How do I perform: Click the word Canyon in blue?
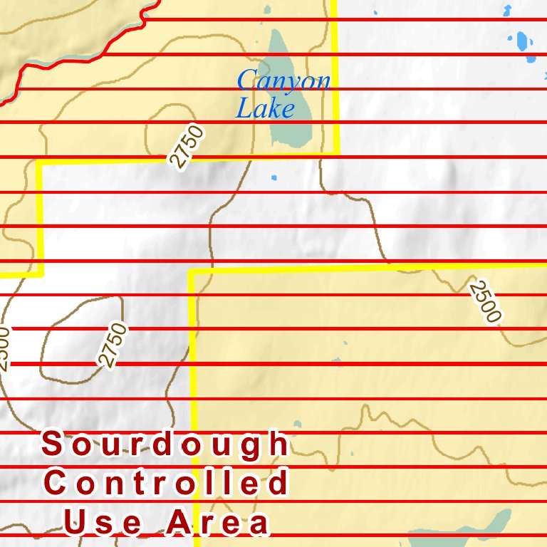283,80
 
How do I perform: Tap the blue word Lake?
265,108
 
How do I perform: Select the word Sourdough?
165,444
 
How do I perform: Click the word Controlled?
167,484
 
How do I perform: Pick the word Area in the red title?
218,523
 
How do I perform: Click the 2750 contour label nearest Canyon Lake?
187,146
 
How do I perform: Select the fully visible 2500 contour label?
486,301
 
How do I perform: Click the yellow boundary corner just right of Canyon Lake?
335,152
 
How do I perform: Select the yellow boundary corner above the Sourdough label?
192,273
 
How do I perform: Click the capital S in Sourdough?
51,444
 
